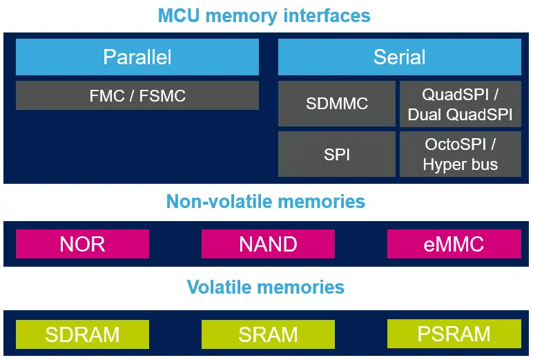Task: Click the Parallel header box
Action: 137,57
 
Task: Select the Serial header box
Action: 399,57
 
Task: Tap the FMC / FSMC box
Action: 137,95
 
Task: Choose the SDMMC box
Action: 337,104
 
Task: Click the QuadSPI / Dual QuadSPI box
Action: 460,104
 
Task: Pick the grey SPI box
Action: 337,154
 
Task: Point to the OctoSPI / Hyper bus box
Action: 460,154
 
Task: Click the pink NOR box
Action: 82,244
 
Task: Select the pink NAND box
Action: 268,244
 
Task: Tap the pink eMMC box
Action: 454,244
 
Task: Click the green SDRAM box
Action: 82,334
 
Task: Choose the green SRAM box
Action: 268,334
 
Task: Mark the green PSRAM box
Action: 454,334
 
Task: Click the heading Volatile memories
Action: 266,287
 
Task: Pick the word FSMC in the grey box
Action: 163,95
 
